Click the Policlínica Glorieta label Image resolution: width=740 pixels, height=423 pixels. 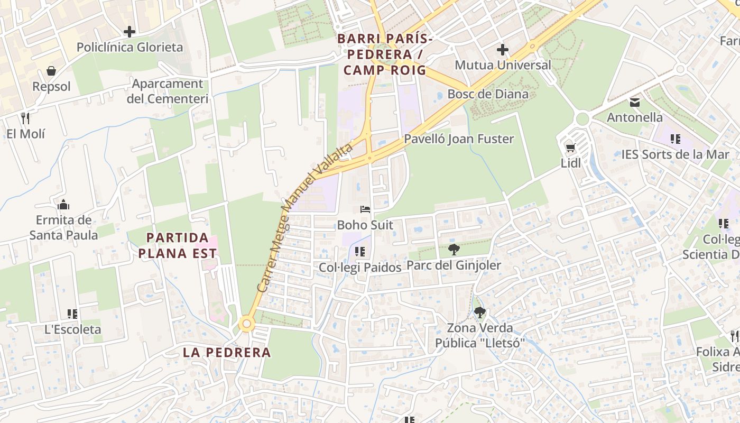click(129, 47)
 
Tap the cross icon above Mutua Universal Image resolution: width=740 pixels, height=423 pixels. click(502, 50)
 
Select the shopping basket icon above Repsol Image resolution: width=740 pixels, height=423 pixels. click(51, 71)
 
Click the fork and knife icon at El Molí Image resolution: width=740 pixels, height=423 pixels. click(25, 117)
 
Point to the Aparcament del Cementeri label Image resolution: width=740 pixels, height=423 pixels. click(167, 91)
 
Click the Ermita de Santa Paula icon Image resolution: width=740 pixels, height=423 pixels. click(63, 205)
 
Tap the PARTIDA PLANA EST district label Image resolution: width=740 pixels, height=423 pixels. click(178, 245)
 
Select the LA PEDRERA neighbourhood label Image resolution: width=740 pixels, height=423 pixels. click(227, 352)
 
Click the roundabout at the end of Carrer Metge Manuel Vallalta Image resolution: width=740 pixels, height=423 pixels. click(246, 324)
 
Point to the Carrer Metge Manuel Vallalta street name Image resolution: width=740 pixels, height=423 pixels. click(304, 217)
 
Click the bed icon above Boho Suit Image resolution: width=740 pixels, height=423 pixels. click(365, 209)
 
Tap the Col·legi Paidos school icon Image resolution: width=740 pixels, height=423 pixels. click(360, 252)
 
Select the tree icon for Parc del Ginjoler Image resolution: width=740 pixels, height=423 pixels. click(454, 250)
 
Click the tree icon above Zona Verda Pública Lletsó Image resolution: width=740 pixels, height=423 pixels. click(479, 312)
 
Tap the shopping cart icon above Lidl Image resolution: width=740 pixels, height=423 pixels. click(570, 148)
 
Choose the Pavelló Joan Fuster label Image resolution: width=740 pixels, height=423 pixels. click(459, 139)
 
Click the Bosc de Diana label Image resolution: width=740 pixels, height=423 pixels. click(487, 94)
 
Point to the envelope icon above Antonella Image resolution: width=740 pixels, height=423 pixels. click(634, 102)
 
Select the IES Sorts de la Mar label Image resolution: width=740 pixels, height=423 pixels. click(675, 154)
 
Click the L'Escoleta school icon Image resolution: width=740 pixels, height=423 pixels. click(72, 314)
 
